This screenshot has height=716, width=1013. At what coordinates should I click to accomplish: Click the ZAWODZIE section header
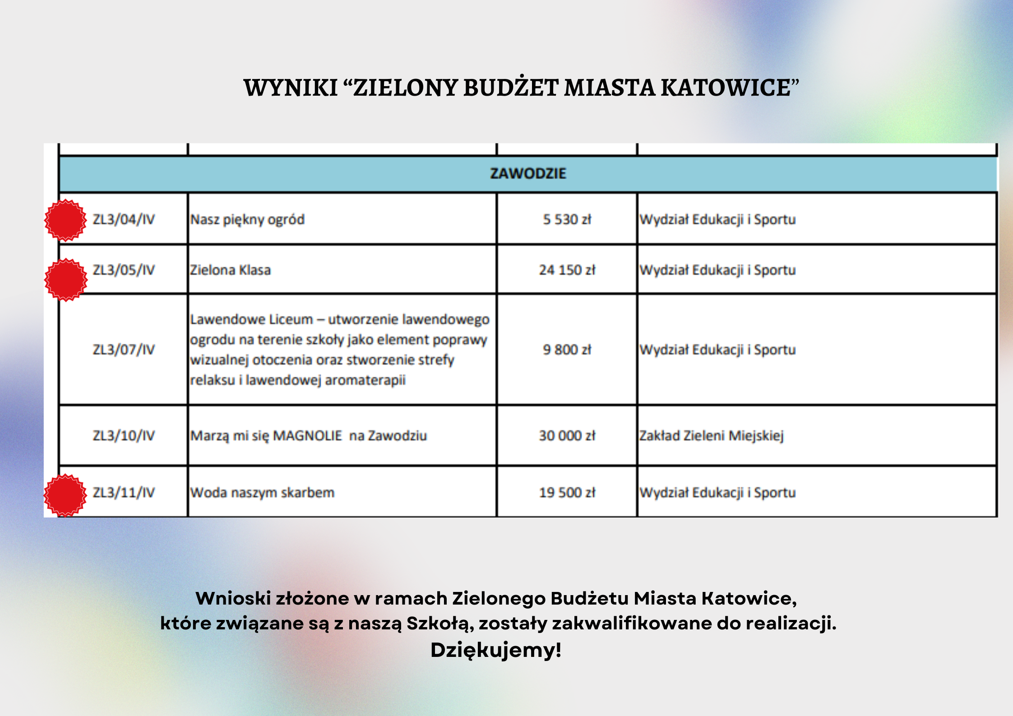click(528, 174)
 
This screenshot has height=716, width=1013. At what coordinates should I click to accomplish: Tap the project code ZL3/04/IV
click(124, 220)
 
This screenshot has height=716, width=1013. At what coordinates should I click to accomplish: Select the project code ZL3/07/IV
click(124, 350)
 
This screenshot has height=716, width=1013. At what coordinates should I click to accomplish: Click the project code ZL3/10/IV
click(124, 436)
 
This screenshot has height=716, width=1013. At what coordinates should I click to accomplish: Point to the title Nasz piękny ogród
click(247, 220)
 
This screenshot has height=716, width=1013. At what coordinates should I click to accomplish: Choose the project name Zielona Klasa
click(230, 270)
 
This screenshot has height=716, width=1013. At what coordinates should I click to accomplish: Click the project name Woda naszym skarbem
click(262, 493)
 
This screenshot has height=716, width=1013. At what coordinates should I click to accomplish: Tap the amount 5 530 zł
click(567, 220)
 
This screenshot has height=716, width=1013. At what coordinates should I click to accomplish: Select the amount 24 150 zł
click(567, 270)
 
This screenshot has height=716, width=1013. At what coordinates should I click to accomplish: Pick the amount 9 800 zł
click(567, 350)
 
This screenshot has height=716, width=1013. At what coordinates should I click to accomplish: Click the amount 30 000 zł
click(567, 436)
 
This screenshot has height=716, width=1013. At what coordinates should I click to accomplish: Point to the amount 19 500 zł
click(567, 493)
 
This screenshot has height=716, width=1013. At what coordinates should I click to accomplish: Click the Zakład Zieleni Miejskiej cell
click(711, 436)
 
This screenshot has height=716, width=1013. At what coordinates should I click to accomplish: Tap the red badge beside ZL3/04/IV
click(65, 220)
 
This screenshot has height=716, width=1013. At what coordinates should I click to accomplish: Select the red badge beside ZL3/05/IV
click(65, 280)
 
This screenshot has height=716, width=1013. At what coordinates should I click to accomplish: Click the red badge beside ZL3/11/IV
click(65, 495)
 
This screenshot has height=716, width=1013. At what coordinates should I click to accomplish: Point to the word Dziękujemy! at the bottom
click(495, 650)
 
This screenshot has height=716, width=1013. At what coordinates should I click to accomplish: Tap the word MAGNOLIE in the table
click(308, 436)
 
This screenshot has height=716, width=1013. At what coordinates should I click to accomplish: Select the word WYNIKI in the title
click(291, 88)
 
